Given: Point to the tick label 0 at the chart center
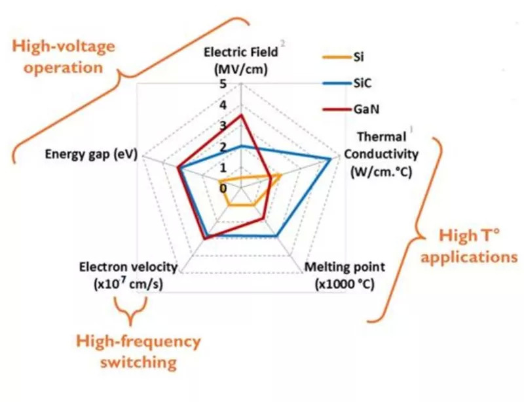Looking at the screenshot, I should click(223, 188).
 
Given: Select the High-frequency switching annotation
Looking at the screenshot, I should click(138, 352).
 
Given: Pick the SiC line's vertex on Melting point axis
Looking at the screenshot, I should click(278, 235).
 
